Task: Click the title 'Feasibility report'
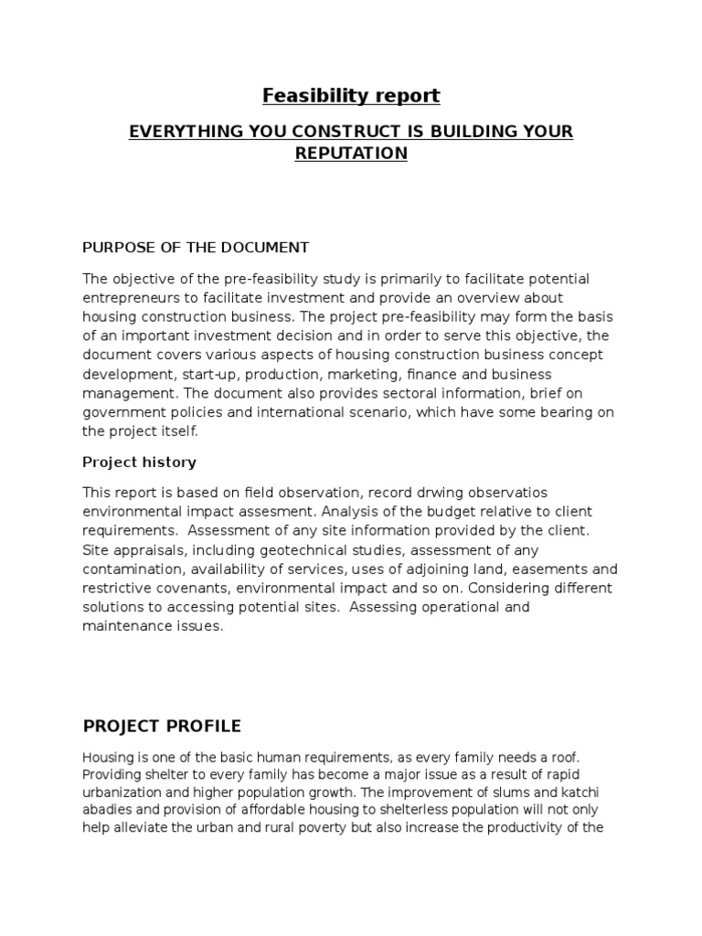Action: pos(351,95)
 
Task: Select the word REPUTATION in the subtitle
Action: pos(350,154)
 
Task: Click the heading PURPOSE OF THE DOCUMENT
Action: pos(196,248)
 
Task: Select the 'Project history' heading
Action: pos(139,463)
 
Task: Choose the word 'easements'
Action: pos(551,569)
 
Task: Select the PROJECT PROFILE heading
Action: pos(162,727)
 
